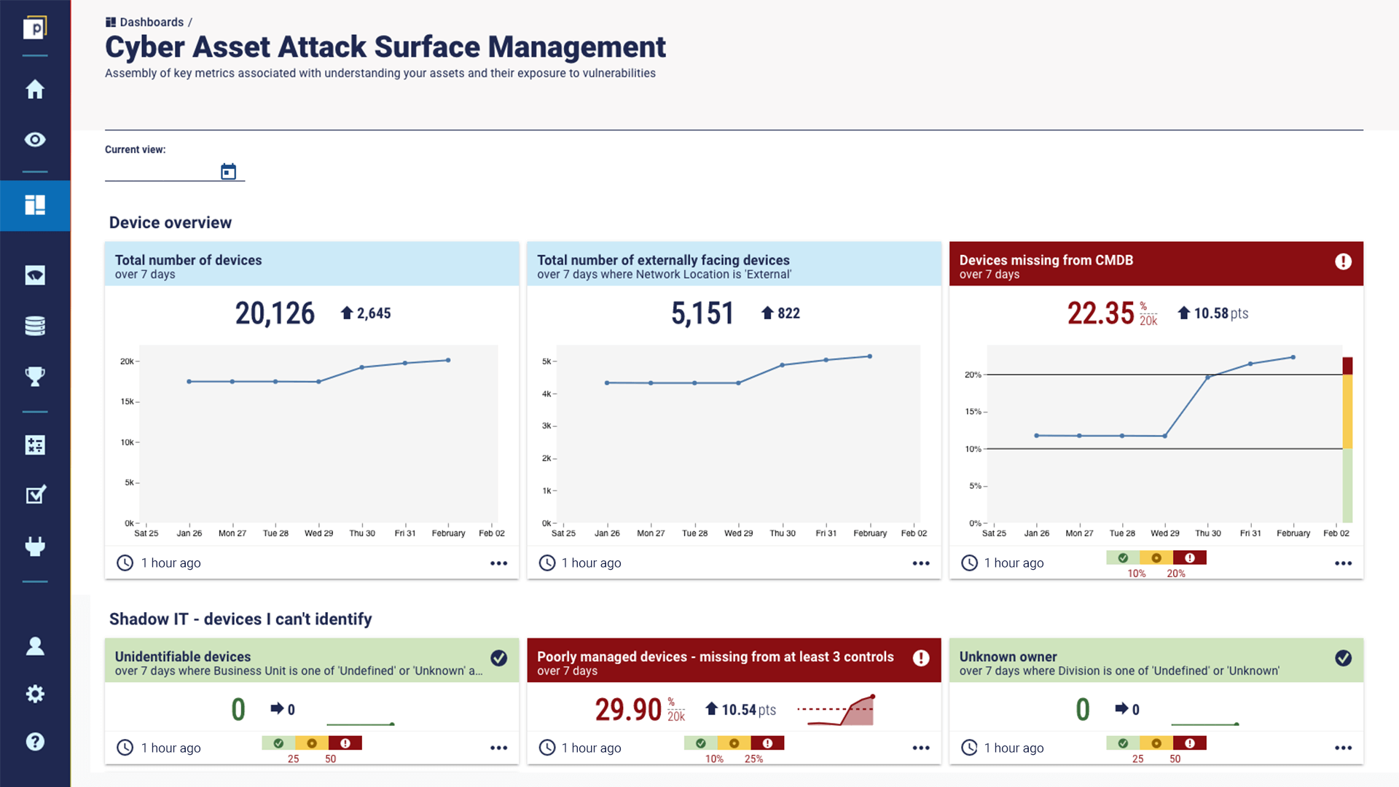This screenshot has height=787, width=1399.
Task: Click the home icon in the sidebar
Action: (35, 90)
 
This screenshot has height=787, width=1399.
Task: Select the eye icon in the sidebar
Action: (35, 140)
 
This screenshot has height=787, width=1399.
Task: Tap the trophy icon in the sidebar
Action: (35, 377)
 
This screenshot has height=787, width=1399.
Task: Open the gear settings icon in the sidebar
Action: (35, 694)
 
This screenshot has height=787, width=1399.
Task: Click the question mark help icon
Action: (35, 742)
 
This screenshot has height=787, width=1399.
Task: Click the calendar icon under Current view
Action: (228, 172)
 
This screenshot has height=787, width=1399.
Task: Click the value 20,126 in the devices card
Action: (275, 313)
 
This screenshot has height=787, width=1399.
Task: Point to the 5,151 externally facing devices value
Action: (702, 313)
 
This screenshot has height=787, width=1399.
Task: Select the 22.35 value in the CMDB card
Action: (1100, 313)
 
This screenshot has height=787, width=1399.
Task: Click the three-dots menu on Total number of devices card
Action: (498, 563)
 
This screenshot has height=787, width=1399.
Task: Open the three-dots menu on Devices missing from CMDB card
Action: (1343, 563)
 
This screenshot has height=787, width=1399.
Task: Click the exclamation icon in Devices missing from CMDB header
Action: (1343, 262)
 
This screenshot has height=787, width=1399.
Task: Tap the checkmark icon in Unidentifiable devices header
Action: (498, 658)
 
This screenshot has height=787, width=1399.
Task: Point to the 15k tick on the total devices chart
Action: (128, 402)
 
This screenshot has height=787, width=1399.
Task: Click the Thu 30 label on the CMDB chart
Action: (1207, 533)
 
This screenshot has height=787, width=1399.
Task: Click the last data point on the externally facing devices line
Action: (870, 356)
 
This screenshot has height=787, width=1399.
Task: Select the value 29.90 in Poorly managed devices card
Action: (628, 710)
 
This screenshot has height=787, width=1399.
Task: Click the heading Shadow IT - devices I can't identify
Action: (240, 619)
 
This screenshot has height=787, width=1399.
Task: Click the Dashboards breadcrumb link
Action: (151, 23)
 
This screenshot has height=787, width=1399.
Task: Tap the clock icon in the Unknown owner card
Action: (969, 748)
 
